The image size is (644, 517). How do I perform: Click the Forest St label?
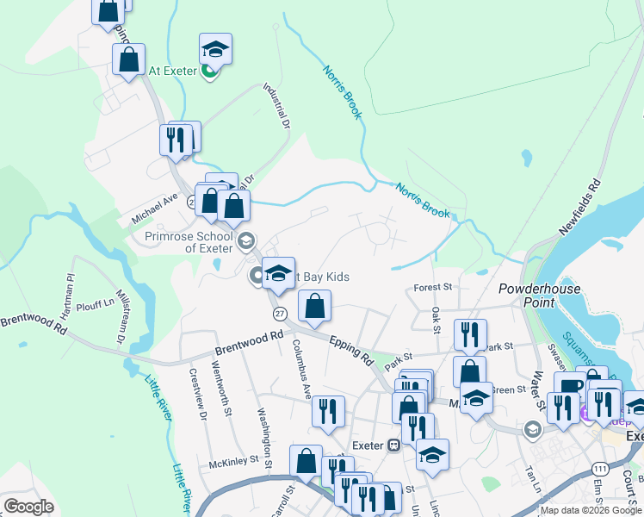(432, 287)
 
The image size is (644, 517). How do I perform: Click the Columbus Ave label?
(301, 370)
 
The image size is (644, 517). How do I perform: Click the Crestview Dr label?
(198, 396)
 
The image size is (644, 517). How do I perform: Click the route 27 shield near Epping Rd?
(280, 313)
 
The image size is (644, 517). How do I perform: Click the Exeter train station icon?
(393, 445)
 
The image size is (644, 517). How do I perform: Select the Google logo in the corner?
(28, 507)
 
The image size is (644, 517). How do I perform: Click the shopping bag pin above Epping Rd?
(315, 305)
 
